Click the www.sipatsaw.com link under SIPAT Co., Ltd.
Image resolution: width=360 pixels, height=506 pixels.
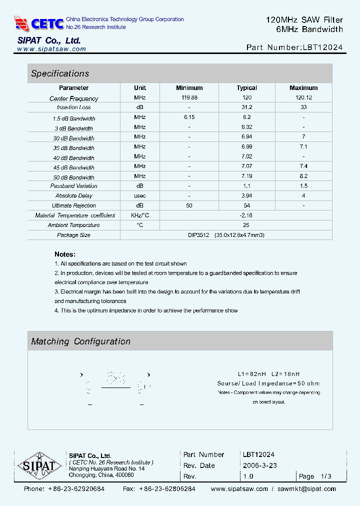(51, 49)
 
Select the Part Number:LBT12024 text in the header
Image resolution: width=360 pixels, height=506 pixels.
(294, 48)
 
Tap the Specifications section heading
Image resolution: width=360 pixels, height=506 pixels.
(60, 73)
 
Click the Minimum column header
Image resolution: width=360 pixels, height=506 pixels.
(189, 88)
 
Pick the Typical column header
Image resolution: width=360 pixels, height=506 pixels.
(246, 88)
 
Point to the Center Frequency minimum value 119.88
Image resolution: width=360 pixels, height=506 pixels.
(189, 98)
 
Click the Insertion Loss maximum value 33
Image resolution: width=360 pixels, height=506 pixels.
(303, 107)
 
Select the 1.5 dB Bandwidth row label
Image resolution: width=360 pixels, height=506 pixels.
(74, 118)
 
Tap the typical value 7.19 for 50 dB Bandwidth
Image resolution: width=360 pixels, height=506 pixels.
(246, 176)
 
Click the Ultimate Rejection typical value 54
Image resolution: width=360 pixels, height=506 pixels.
(246, 205)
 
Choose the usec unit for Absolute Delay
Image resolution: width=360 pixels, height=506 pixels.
(140, 196)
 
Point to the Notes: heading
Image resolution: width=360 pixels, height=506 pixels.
(65, 254)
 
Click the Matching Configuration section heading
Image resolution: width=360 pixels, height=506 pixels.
(80, 341)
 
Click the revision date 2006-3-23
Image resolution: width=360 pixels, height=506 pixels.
(259, 465)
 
